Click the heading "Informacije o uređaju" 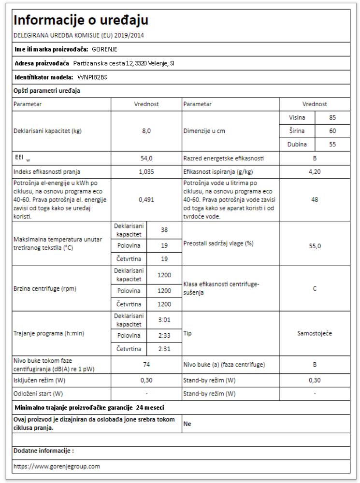point(81,20)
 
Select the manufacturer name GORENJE point(104,49)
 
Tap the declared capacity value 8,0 point(146,131)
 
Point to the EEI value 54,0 point(146,158)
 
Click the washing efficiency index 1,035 point(146,171)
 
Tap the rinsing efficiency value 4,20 point(315,171)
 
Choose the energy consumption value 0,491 point(146,199)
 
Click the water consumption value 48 point(315,199)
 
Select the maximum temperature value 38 point(164,230)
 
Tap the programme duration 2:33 point(164,335)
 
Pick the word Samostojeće point(315,333)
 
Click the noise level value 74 point(146,365)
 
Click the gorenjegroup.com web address point(57,467)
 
